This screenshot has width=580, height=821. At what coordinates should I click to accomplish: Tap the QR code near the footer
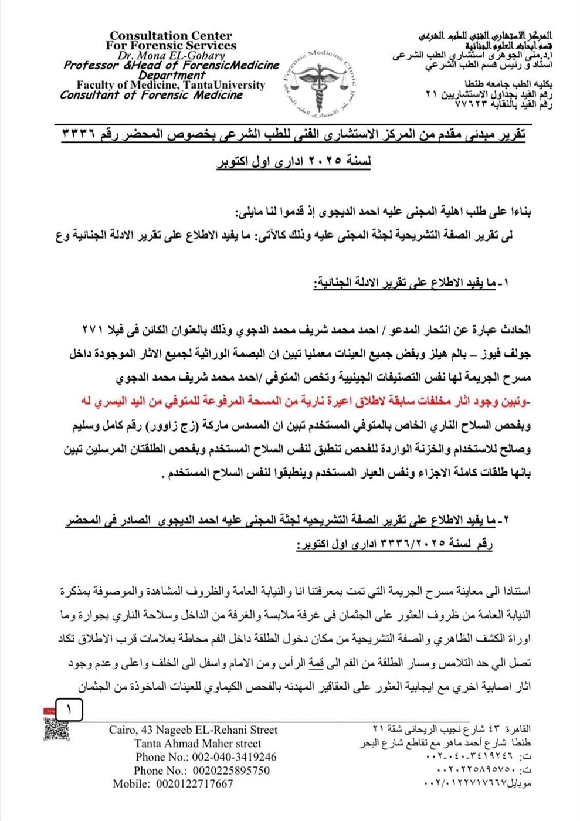click(56, 729)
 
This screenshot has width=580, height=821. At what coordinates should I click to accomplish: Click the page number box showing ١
click(69, 710)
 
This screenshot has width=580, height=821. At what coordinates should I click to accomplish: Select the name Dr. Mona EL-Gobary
click(171, 55)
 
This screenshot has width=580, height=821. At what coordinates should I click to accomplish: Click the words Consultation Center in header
click(171, 36)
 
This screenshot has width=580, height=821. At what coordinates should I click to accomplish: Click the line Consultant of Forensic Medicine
click(151, 95)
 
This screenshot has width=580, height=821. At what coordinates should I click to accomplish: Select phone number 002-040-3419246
click(206, 756)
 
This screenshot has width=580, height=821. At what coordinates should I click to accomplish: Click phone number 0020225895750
click(202, 770)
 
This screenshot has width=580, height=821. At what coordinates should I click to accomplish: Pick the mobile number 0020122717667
click(173, 783)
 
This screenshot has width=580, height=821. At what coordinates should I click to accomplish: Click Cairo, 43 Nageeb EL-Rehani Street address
click(193, 730)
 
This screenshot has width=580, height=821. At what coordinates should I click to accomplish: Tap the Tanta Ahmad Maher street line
click(197, 743)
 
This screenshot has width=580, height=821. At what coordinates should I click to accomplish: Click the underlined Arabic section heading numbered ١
click(411, 283)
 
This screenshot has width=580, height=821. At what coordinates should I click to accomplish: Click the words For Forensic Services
click(171, 45)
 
